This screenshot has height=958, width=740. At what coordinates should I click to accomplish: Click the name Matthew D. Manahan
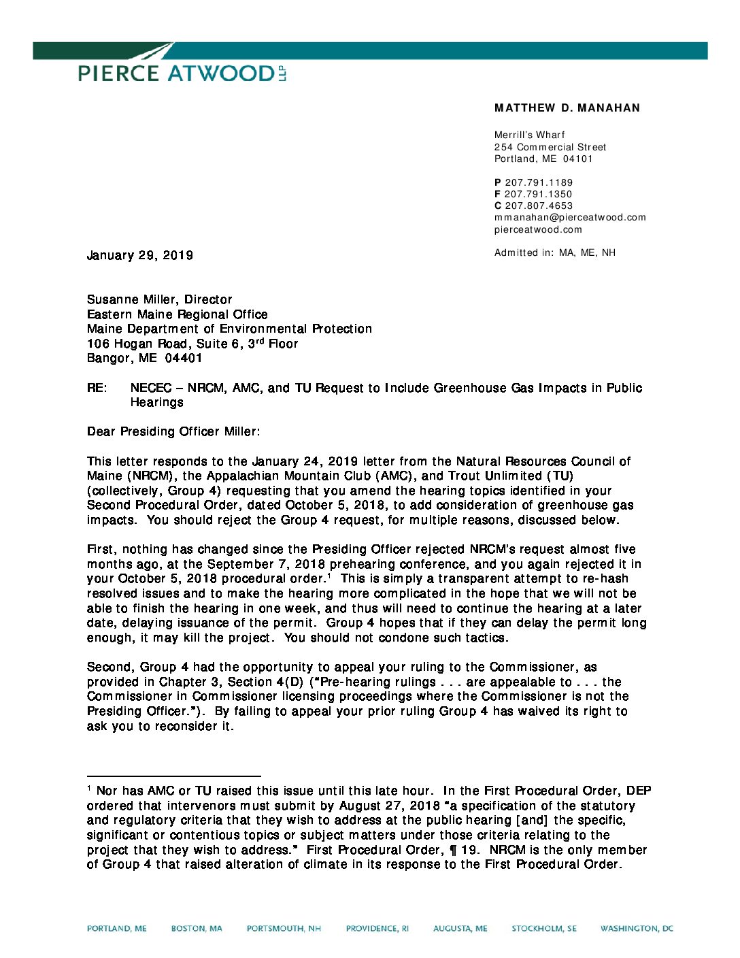tap(567, 108)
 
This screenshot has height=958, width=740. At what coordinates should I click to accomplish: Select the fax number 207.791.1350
tap(538, 194)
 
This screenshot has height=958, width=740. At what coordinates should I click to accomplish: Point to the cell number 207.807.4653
tap(539, 205)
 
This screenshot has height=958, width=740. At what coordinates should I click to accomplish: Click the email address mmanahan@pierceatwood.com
tap(570, 217)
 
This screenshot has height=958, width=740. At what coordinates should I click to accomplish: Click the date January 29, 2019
tap(140, 255)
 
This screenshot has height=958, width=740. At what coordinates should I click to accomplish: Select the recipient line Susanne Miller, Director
tap(159, 299)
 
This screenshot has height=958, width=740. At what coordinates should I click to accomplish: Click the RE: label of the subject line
tap(97, 388)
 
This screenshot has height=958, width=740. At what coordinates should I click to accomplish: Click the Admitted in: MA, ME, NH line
tap(554, 252)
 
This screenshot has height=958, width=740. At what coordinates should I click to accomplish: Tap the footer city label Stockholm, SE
tap(543, 928)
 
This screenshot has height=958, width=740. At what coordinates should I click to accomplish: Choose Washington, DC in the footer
tap(636, 928)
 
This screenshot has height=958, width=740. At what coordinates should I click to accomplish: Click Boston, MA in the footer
tap(197, 928)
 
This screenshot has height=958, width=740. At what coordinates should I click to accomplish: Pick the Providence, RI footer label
tap(377, 928)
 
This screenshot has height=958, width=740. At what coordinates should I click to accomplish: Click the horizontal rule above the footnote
tap(173, 776)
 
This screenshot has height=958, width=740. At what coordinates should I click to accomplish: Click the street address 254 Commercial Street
tap(550, 147)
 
